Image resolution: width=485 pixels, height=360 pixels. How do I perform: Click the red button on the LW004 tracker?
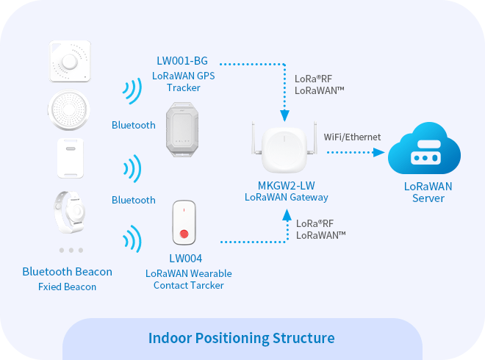tap(185, 235)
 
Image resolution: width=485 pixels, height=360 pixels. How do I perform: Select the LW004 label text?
tap(185, 259)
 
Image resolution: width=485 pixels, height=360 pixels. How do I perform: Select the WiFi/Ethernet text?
tap(353, 137)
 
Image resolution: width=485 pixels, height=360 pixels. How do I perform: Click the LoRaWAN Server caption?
tap(428, 192)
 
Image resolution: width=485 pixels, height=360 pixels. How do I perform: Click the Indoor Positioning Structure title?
tap(242, 339)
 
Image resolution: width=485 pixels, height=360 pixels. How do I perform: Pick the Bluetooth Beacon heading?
tap(68, 272)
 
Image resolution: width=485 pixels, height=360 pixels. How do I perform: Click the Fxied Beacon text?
tap(67, 287)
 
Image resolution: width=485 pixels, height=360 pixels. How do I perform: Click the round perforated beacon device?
tap(71, 111)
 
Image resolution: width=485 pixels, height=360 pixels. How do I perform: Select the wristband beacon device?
tap(71, 211)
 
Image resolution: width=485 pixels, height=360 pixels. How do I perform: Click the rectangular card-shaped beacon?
tap(71, 158)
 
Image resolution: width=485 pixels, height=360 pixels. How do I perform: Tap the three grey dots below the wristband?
tap(71, 250)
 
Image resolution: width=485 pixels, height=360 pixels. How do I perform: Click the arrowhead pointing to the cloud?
tap(380, 152)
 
